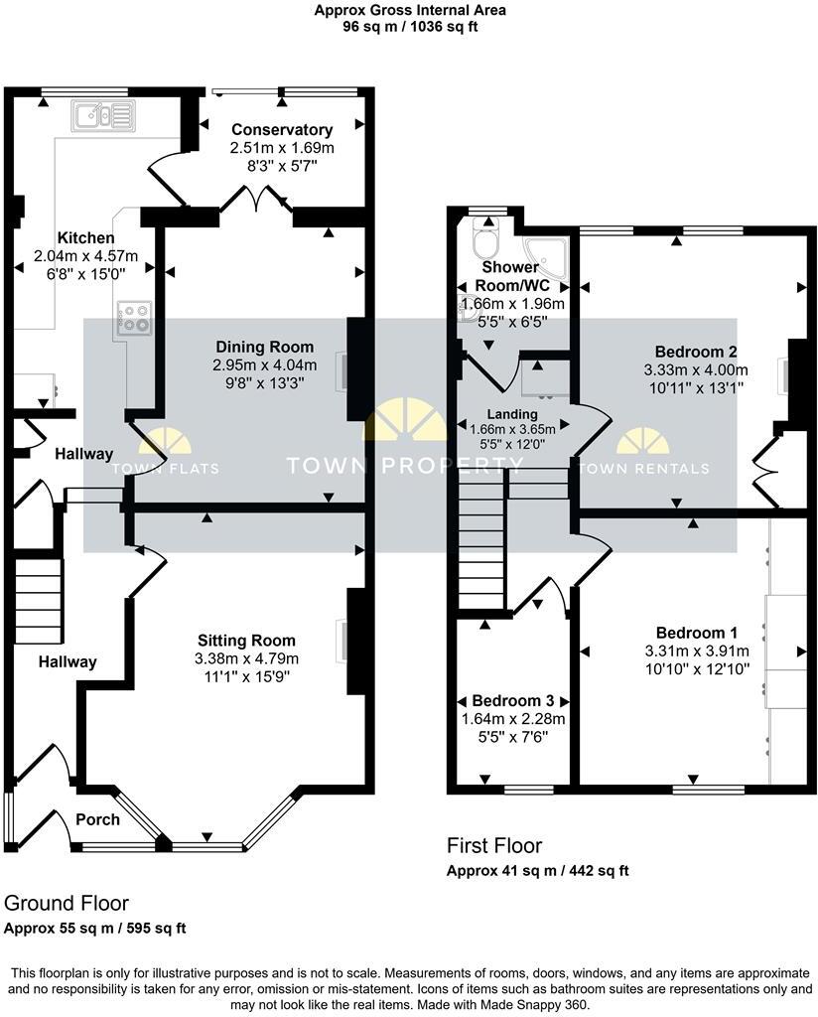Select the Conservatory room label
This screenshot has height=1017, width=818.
pos(281,130)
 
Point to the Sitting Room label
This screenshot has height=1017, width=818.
pos(246,641)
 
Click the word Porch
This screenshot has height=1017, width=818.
pos(97,819)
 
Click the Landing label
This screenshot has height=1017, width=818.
pos(511,414)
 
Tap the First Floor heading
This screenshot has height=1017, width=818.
pos(494,846)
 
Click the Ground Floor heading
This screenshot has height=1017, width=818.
pos(67,904)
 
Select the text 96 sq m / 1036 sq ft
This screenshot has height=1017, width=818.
pos(410,27)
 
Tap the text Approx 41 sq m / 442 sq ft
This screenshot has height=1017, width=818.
pos(537,871)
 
